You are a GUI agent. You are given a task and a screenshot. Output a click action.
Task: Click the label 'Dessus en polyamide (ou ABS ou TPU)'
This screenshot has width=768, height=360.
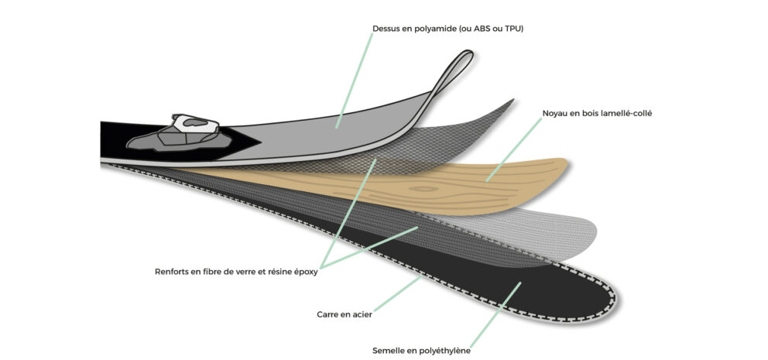tap(447, 29)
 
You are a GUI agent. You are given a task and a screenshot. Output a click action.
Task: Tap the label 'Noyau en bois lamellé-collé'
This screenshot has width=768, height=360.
tap(597, 114)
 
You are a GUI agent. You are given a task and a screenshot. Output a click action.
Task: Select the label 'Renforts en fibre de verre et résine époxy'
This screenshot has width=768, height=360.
tap(236, 272)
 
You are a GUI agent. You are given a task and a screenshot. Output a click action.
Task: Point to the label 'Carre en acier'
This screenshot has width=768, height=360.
tap(345, 314)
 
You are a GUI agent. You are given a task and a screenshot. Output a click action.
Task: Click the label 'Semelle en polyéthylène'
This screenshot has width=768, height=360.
tap(421, 351)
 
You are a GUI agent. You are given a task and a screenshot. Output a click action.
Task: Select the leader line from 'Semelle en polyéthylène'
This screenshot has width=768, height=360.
tap(496, 314)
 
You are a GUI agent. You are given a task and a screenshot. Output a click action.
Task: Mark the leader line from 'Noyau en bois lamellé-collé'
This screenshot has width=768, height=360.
tap(514, 149)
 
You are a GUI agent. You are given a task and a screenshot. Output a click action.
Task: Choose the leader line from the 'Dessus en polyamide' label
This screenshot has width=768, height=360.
tap(354, 81)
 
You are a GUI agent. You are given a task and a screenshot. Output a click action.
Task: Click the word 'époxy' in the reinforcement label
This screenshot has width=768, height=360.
tap(306, 273)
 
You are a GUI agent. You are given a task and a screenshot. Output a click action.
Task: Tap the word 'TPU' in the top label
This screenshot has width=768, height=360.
tap(515, 29)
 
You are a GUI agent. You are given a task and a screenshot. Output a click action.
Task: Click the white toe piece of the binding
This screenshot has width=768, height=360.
tap(195, 123)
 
